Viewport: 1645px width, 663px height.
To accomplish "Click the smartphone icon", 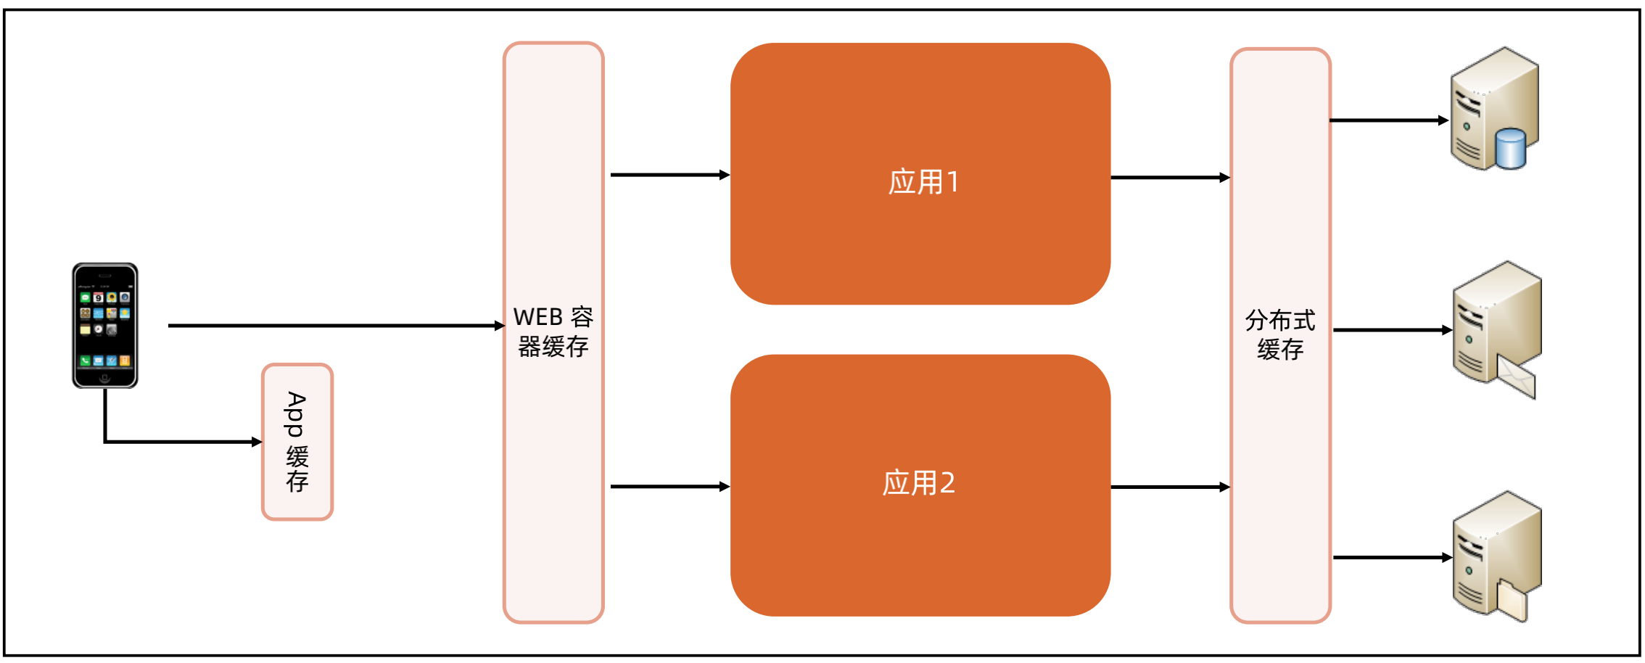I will click(105, 325).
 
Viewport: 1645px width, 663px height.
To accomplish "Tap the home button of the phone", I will click(105, 378).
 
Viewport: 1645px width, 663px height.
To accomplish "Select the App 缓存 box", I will click(297, 442).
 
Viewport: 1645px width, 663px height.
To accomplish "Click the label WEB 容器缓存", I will click(553, 332).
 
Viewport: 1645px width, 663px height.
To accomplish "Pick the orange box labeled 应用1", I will click(920, 174).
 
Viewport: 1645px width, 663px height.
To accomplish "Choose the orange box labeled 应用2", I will click(920, 485).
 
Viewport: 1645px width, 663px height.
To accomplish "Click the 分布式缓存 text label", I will click(1280, 334).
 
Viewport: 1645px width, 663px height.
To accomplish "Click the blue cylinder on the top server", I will click(1511, 148).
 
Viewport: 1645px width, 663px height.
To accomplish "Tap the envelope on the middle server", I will click(1517, 378).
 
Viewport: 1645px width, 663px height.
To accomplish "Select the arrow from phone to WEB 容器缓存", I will click(335, 326).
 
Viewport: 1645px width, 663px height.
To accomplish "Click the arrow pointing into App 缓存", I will click(181, 441).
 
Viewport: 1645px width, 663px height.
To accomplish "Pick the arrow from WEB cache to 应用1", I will click(669, 175).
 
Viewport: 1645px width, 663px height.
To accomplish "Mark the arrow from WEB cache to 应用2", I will click(669, 487).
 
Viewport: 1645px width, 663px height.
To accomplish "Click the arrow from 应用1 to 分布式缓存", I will click(1170, 177).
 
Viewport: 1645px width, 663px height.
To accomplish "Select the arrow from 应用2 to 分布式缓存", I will click(1170, 487).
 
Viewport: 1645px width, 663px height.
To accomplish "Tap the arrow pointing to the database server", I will click(1389, 120).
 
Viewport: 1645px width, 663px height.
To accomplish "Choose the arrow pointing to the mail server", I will click(1392, 330).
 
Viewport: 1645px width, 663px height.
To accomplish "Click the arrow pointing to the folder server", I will click(1392, 558).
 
